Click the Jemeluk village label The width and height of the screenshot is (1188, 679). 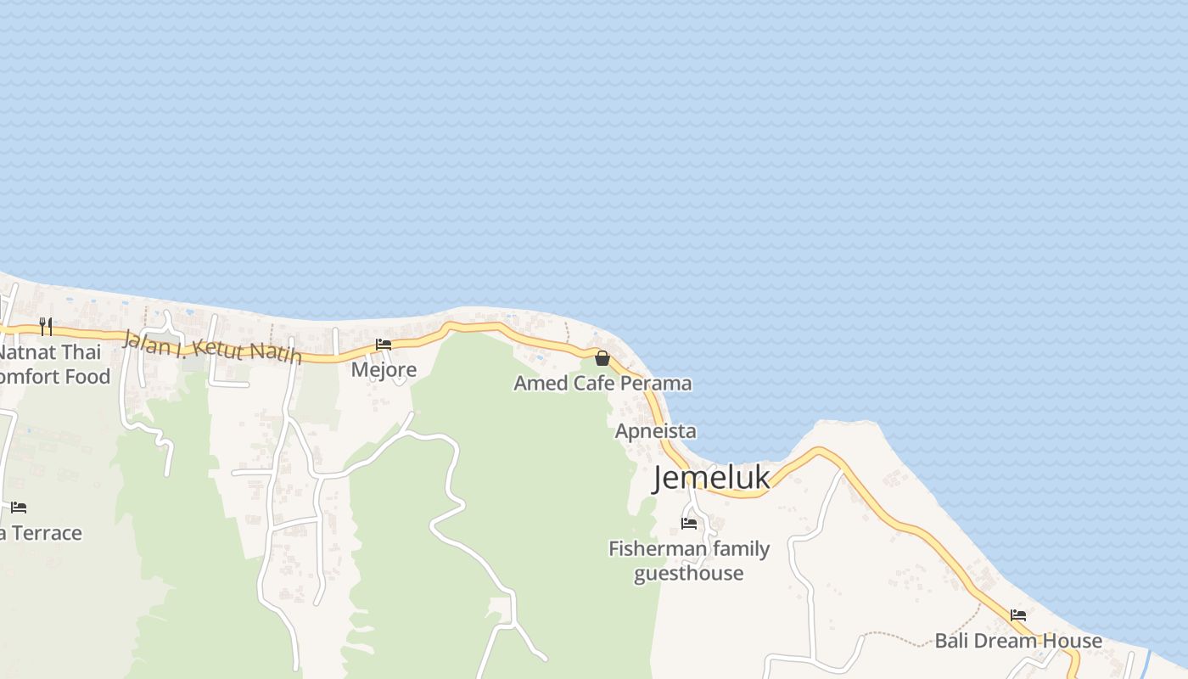(711, 479)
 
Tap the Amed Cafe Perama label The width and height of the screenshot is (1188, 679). (602, 384)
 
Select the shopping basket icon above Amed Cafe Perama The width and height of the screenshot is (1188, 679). (602, 358)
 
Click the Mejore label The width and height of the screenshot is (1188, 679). (384, 370)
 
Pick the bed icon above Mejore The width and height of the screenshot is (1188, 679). (384, 345)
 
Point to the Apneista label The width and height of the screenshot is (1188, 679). (655, 431)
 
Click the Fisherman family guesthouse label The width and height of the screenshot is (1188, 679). (688, 561)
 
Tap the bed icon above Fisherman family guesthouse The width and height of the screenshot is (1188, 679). (688, 524)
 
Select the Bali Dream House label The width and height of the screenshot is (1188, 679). (1018, 641)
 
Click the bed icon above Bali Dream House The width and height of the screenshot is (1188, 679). (1018, 615)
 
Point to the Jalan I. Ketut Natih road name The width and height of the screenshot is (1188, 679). (212, 346)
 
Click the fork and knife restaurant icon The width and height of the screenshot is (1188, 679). (46, 327)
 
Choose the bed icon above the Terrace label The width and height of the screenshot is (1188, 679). (19, 508)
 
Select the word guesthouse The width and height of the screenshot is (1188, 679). (688, 574)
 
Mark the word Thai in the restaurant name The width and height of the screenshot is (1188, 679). (81, 352)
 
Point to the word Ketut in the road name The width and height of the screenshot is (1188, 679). (219, 347)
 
